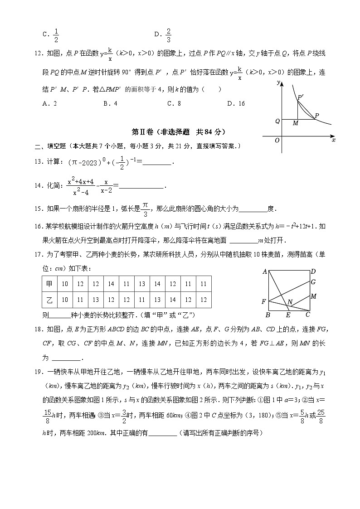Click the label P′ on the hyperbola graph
coord(301,97)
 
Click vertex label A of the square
coord(264,272)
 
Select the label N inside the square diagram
coord(290,302)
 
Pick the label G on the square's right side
coord(313,282)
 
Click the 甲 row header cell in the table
coord(49,284)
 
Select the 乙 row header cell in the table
coord(49,300)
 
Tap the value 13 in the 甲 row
coord(142,284)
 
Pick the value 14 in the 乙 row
coord(173,300)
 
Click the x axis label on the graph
coord(334,141)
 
